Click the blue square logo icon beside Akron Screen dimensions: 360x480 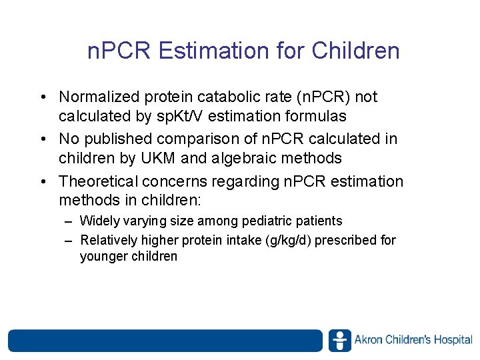click(x=340, y=340)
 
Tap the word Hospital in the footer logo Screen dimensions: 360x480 click(x=453, y=340)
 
